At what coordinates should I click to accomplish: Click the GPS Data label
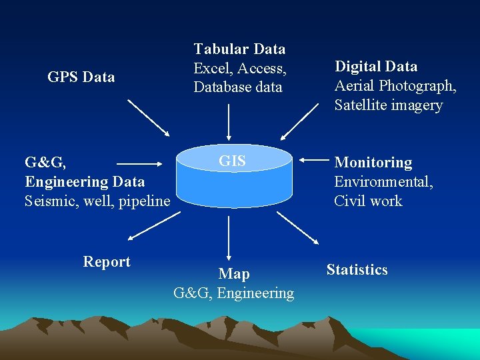[81, 77]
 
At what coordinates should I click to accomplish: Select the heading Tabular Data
[239, 49]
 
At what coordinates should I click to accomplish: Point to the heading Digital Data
[376, 67]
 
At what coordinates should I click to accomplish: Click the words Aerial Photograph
[395, 86]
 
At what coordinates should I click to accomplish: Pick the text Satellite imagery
[388, 105]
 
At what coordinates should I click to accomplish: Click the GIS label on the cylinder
[233, 161]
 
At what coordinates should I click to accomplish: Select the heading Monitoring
[373, 163]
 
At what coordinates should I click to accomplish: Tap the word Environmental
[383, 182]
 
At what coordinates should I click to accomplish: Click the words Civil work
[368, 201]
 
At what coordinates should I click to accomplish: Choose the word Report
[107, 262]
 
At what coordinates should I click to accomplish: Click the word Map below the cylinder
[234, 274]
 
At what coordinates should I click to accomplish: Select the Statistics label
[357, 270]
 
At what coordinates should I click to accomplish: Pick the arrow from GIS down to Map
[229, 237]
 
